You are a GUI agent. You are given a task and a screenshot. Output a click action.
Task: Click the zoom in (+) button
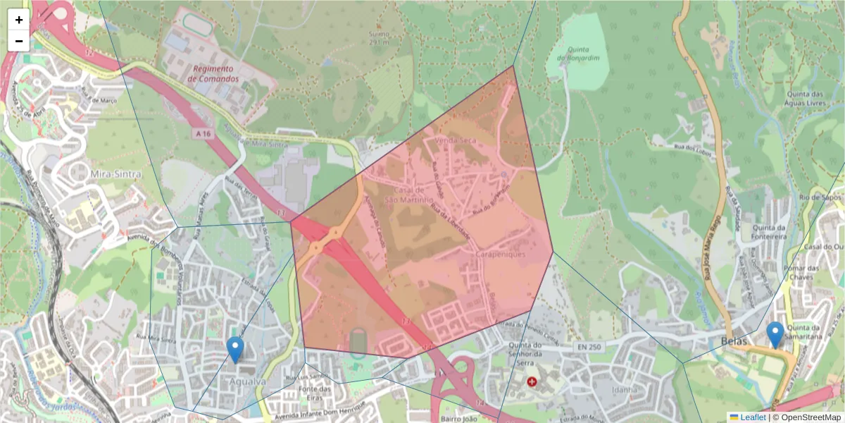[x=19, y=20]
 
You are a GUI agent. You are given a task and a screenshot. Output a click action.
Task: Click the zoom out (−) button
[x=19, y=41]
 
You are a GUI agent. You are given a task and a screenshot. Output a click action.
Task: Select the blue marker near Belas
[x=775, y=336]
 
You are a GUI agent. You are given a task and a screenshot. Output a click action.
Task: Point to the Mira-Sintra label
[x=115, y=173]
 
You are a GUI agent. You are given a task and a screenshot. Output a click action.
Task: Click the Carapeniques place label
[x=501, y=255]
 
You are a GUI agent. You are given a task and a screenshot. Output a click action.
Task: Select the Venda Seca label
[x=455, y=141]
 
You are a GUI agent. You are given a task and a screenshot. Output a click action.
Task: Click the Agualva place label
[x=248, y=381]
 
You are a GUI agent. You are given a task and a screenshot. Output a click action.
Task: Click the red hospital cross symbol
[x=532, y=381]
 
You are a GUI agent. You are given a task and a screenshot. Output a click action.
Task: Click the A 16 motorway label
[x=204, y=133]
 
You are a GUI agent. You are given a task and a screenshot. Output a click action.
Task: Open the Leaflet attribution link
[x=752, y=417]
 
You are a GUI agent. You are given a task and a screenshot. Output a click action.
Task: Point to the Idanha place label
[x=625, y=389]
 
